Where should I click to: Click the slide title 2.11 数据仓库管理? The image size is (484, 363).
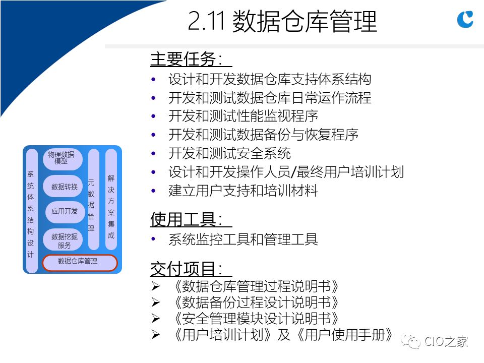coord(282,21)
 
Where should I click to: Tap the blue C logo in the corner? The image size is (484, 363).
coord(465,19)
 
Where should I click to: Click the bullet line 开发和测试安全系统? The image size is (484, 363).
coord(230,153)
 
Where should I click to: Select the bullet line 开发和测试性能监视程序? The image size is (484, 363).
coord(243,116)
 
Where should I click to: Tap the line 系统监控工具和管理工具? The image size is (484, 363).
coord(243,239)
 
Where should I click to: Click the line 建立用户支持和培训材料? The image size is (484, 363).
coord(243,191)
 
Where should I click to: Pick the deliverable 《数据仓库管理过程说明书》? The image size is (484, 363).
coord(256,286)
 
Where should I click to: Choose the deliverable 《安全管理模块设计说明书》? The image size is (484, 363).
coord(256,319)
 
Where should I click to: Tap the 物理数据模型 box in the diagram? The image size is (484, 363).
coord(63,159)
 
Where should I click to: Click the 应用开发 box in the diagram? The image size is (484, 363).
coord(65,211)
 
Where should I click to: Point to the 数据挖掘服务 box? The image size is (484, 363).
coord(63,239)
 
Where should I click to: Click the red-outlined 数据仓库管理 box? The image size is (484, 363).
coord(80,263)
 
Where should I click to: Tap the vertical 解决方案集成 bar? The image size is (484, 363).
coord(111,200)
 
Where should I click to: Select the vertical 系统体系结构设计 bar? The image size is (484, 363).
coord(31,211)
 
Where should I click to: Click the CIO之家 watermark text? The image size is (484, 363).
coord(446,342)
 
